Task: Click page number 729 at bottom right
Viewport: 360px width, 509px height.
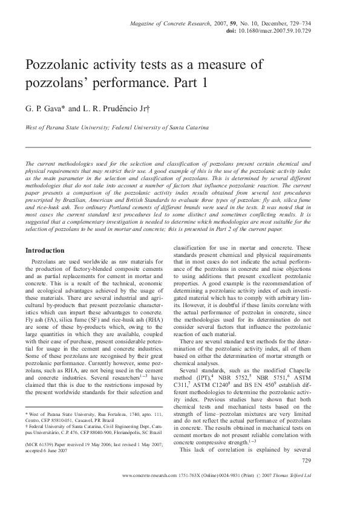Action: [x=306, y=461]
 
